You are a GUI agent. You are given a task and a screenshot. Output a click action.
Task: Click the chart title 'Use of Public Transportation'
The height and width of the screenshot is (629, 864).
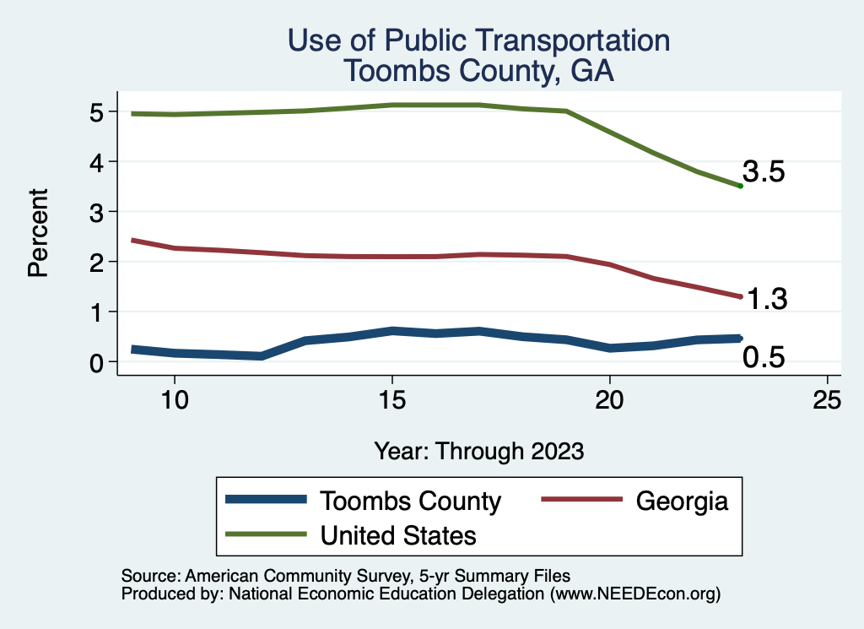pyautogui.click(x=478, y=41)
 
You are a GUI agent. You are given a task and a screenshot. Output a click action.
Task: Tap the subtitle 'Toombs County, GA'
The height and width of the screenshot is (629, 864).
pyautogui.click(x=478, y=71)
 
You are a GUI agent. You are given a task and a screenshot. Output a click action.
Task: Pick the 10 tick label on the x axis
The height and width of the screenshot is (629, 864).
pyautogui.click(x=174, y=400)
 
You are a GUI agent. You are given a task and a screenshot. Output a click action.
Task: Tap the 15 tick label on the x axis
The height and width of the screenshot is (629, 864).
pyautogui.click(x=391, y=400)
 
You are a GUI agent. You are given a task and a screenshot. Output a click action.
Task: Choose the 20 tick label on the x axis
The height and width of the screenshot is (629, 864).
pyautogui.click(x=609, y=400)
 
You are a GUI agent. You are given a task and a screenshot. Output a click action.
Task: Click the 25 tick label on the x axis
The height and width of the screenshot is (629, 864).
pyautogui.click(x=827, y=400)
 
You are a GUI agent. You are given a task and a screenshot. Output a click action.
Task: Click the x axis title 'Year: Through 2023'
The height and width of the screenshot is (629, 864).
pyautogui.click(x=479, y=451)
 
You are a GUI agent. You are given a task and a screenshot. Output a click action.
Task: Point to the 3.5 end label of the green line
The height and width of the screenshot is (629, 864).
pyautogui.click(x=764, y=172)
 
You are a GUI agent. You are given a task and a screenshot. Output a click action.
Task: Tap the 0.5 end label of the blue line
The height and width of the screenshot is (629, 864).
pyautogui.click(x=764, y=358)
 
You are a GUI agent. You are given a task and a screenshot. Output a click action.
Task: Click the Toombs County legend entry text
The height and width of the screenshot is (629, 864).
pyautogui.click(x=410, y=501)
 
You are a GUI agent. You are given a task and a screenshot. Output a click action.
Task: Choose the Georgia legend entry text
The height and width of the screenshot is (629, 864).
pyautogui.click(x=681, y=501)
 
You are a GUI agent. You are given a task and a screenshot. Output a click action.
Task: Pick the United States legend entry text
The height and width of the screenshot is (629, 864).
pyautogui.click(x=398, y=535)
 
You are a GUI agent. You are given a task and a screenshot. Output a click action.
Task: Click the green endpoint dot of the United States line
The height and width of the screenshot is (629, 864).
pyautogui.click(x=740, y=186)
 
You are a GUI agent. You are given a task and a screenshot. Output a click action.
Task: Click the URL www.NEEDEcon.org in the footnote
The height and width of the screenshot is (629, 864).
pyautogui.click(x=635, y=594)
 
